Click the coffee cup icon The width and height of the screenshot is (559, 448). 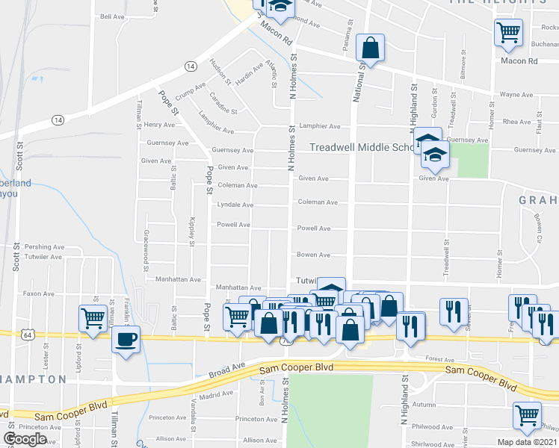(x=126, y=340)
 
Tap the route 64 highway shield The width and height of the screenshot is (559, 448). (x=28, y=336)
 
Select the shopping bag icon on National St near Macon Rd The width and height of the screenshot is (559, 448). (x=370, y=49)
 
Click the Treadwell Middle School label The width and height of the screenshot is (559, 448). (x=362, y=148)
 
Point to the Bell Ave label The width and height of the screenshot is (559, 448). (x=111, y=16)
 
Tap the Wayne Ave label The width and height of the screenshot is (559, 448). (x=516, y=96)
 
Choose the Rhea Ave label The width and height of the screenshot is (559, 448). (x=516, y=122)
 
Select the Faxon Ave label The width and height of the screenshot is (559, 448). (x=38, y=294)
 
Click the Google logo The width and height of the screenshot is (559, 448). (x=25, y=439)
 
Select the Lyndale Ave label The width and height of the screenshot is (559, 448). (x=235, y=205)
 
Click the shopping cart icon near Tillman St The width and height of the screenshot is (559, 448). (x=93, y=317)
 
